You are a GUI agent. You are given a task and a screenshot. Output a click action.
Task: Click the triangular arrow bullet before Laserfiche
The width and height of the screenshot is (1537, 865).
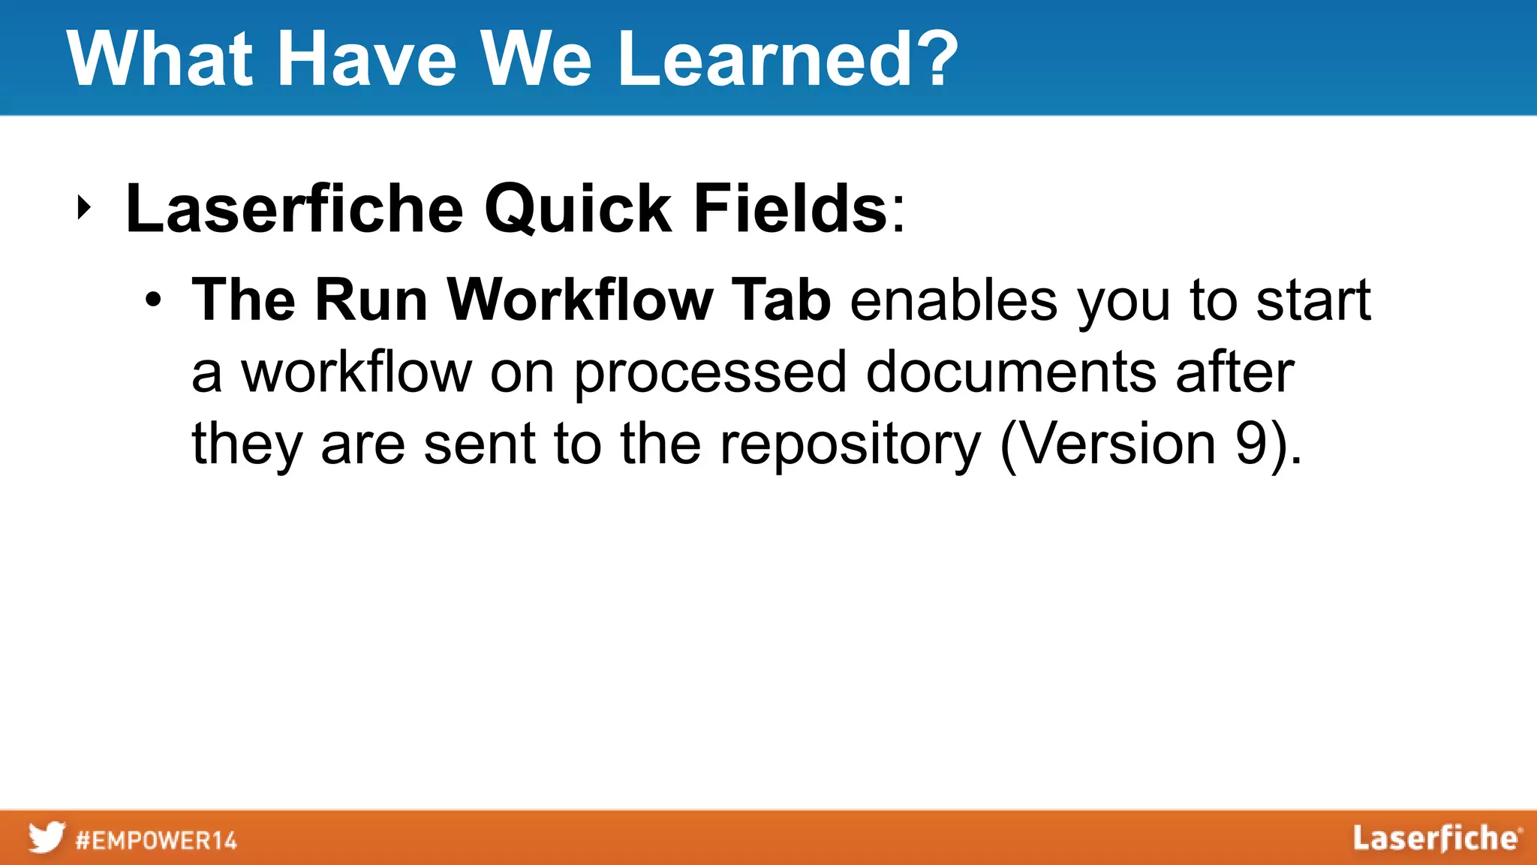point(84,208)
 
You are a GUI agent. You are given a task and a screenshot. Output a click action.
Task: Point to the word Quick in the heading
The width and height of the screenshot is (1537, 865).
point(577,209)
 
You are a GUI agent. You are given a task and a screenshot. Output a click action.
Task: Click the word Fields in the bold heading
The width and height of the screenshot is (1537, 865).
point(790,209)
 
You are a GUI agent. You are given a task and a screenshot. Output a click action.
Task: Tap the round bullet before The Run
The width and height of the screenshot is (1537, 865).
point(153,300)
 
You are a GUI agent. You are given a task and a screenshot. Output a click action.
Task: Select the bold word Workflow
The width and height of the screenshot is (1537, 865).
point(579,300)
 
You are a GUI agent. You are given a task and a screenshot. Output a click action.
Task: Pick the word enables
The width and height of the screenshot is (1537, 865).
point(953,300)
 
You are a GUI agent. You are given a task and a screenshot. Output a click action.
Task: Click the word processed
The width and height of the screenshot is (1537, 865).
point(710,372)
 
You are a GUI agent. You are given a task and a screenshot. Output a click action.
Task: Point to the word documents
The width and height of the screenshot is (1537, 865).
point(1010,372)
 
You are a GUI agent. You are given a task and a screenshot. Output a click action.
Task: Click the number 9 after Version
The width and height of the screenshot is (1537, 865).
point(1251,445)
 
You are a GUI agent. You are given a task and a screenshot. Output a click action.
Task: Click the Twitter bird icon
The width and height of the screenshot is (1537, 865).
point(47,837)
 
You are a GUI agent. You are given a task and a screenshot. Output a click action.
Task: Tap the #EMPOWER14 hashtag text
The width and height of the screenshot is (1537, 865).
point(156,839)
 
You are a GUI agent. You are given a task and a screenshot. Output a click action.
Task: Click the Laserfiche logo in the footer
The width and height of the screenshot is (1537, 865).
point(1436,838)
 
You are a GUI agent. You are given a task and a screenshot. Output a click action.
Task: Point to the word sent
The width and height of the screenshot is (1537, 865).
point(479,445)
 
